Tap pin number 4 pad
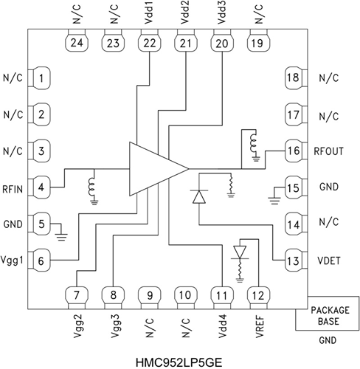[x=43, y=187]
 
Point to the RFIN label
[x=13, y=187]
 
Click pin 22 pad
[x=150, y=43]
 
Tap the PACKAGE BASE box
[x=327, y=315]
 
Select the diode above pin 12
[x=238, y=253]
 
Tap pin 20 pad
[x=221, y=43]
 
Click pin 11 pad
[x=221, y=295]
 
